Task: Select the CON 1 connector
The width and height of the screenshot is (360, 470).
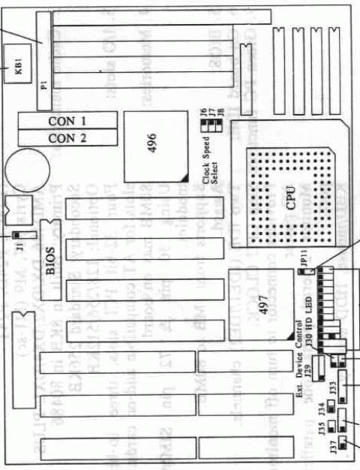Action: (68, 121)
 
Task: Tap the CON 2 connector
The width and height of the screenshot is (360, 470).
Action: (68, 139)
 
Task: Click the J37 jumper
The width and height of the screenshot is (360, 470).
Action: (343, 444)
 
